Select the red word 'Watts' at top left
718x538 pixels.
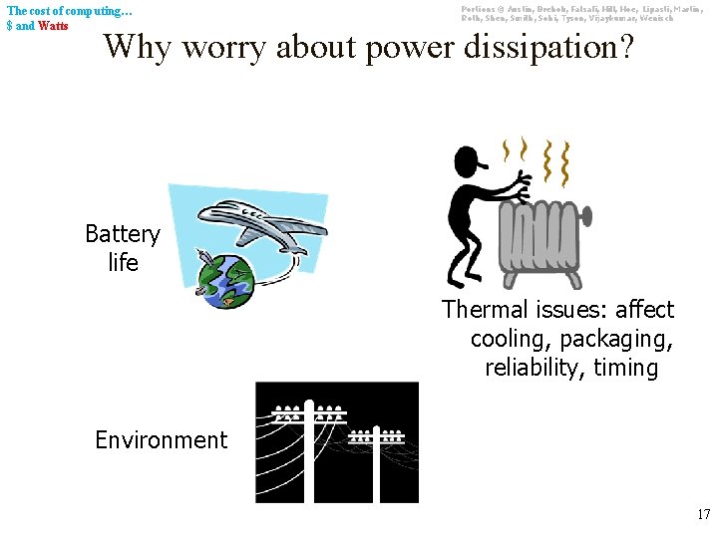(53, 25)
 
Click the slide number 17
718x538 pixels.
(703, 515)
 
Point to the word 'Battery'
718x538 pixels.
(123, 234)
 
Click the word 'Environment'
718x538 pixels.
(161, 439)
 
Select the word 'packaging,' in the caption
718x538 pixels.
(625, 339)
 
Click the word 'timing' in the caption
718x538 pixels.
(626, 368)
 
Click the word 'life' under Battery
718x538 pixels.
(123, 263)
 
